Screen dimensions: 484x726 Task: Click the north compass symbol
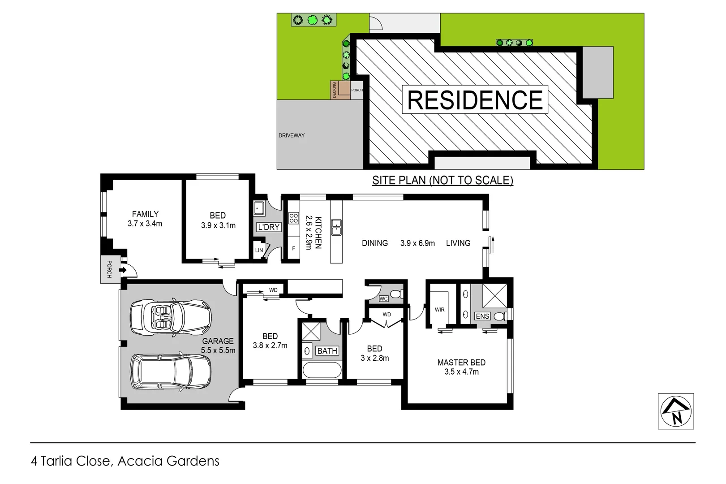tap(675, 411)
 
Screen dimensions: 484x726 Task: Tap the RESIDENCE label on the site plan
tap(475, 99)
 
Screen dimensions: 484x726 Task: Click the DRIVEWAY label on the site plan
tap(291, 135)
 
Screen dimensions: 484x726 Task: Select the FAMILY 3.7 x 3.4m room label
tap(145, 219)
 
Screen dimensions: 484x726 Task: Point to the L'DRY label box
tap(269, 227)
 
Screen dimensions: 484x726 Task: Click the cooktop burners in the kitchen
tap(294, 218)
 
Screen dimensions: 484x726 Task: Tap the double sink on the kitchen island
tap(336, 227)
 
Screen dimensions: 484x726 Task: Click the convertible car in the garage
tap(171, 317)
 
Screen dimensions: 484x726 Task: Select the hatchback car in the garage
tap(171, 372)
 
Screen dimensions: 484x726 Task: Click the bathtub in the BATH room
tap(322, 370)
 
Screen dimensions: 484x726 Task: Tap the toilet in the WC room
tap(396, 294)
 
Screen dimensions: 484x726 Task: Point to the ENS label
tap(482, 316)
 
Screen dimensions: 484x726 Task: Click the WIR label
tap(439, 310)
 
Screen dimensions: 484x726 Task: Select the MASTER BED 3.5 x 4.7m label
tap(461, 367)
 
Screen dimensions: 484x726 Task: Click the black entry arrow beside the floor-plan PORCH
tap(122, 270)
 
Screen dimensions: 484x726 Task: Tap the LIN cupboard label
tap(259, 251)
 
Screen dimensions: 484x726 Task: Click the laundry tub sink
tap(259, 208)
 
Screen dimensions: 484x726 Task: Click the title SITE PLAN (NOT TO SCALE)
tap(442, 180)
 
